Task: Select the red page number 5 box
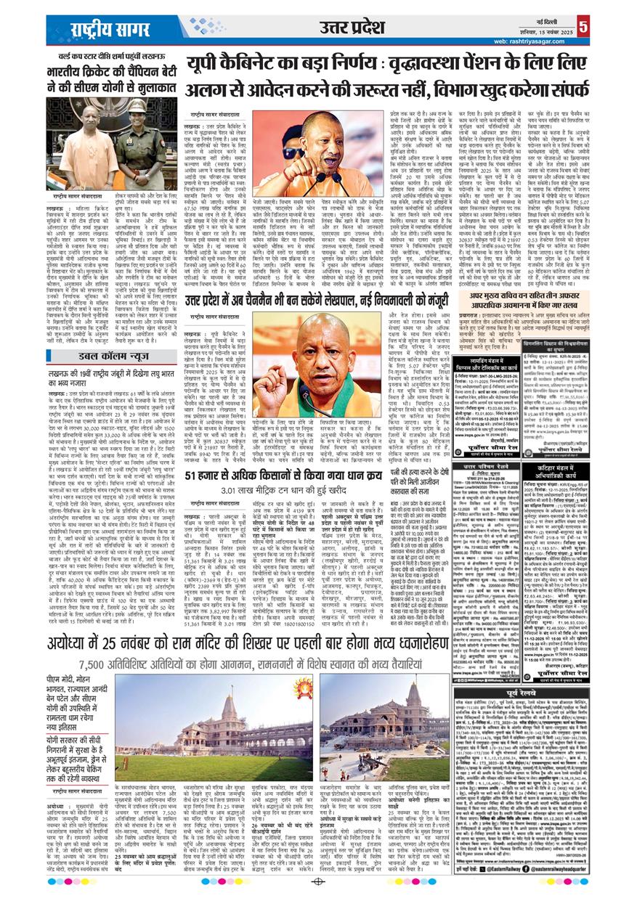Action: (624, 27)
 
